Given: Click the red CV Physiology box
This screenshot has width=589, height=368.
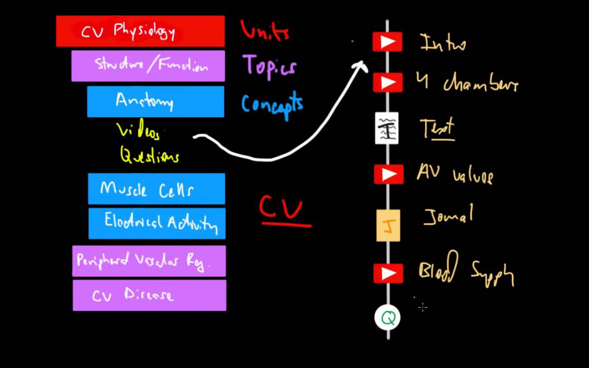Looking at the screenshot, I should click(140, 31).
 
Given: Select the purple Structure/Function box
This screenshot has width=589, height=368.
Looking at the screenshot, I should click(148, 66).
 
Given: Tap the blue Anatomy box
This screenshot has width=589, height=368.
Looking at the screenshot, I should click(155, 101).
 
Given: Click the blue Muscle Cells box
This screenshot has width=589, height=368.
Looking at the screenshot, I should click(156, 189).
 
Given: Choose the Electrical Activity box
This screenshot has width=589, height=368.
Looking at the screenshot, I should click(157, 223).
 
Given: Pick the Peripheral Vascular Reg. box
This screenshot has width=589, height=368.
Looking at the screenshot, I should click(149, 261).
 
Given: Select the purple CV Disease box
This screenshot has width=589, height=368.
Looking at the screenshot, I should click(149, 295).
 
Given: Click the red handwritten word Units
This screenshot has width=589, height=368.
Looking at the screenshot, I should click(265, 31).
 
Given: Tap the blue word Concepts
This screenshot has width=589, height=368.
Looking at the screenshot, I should click(272, 104).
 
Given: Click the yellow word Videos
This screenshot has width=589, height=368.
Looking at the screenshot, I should click(138, 131).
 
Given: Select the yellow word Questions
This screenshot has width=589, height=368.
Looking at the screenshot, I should click(149, 155).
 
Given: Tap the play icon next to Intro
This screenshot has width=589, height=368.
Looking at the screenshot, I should click(388, 42).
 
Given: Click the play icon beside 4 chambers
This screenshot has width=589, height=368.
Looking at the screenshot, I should click(388, 82).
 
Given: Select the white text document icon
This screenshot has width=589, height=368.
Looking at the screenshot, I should click(387, 128).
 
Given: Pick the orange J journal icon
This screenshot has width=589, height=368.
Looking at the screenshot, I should click(388, 225).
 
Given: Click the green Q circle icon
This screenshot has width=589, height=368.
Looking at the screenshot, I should click(388, 318).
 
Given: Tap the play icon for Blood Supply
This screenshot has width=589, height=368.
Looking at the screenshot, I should click(388, 273).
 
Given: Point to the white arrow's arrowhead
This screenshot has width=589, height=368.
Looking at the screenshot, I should click(362, 64).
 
